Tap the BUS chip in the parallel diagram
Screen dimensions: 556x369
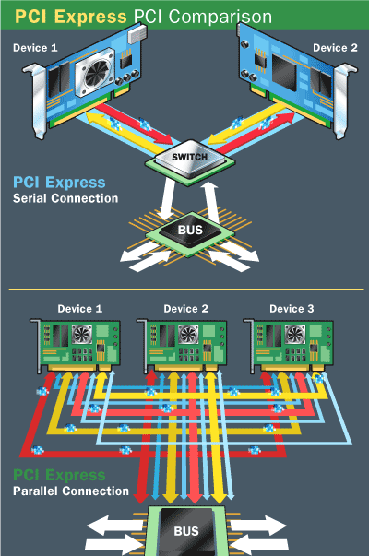[x=185, y=533]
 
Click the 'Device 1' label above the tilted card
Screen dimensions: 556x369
[x=34, y=47]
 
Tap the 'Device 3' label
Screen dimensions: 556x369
[x=288, y=308]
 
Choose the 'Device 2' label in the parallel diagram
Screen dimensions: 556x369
[x=185, y=308]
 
